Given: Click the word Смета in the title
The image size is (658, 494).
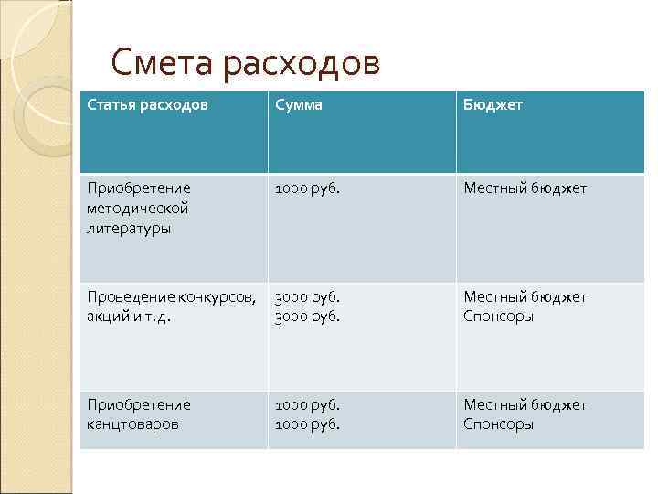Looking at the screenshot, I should (160, 63).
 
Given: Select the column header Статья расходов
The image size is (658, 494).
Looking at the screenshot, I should (147, 105).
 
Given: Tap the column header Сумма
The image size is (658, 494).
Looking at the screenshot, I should (299, 105).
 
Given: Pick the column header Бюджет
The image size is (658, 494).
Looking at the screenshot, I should (493, 105).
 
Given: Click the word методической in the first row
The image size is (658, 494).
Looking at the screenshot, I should (138, 209).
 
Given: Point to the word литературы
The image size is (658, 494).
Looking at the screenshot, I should (129, 229).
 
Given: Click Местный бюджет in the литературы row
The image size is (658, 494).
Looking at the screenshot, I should (525, 188).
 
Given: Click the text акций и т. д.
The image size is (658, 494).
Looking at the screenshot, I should (129, 317).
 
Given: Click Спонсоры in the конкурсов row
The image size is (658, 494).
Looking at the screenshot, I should (499, 317).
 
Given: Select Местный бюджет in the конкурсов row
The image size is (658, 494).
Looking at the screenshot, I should (525, 296).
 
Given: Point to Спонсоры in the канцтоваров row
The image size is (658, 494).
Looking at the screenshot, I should (499, 424).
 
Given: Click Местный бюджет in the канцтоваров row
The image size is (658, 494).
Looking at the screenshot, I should (525, 404).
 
